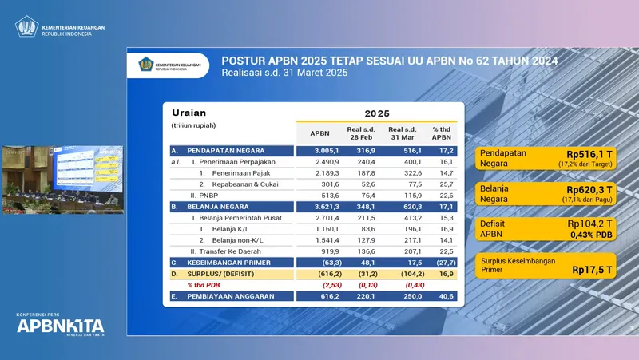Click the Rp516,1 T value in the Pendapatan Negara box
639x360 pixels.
pyautogui.click(x=589, y=154)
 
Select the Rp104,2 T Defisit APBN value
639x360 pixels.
pyautogui.click(x=589, y=224)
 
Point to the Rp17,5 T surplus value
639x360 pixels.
pyautogui.click(x=592, y=270)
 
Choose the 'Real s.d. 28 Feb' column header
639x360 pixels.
pyautogui.click(x=362, y=133)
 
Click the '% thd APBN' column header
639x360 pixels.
pyautogui.click(x=442, y=133)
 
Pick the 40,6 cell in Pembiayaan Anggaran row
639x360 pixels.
pyautogui.click(x=443, y=296)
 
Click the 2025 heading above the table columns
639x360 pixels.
pyautogui.click(x=379, y=113)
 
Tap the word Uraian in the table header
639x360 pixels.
pyautogui.click(x=189, y=113)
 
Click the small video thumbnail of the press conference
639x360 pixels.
pyautogui.click(x=62, y=180)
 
